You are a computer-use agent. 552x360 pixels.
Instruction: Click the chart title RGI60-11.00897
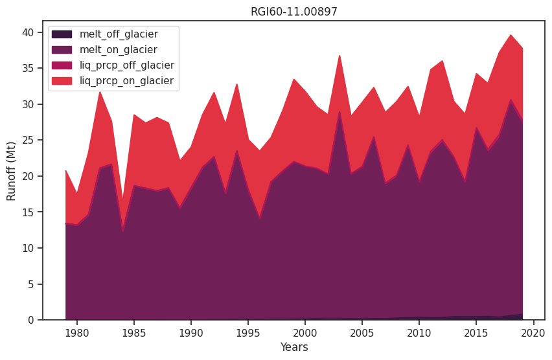(x=294, y=12)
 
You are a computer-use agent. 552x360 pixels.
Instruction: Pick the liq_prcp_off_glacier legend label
(x=126, y=65)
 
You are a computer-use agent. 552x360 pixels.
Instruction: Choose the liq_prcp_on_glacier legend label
(x=126, y=81)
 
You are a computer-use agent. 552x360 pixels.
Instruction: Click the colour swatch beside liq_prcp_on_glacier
(x=62, y=81)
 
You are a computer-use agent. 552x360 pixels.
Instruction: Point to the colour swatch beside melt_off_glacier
(x=62, y=34)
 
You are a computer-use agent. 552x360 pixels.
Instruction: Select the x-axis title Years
(x=294, y=348)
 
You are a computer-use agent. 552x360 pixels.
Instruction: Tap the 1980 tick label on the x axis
(x=77, y=332)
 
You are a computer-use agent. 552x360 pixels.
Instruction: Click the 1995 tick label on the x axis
(x=248, y=332)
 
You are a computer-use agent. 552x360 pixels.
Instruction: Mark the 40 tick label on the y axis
(x=30, y=32)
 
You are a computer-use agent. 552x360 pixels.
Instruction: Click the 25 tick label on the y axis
(x=30, y=141)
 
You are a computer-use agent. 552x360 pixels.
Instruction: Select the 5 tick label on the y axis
(x=33, y=284)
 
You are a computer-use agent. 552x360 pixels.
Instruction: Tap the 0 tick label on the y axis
(x=33, y=321)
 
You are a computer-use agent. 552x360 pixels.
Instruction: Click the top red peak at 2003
(x=339, y=56)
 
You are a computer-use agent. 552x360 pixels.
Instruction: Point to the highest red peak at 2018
(x=511, y=35)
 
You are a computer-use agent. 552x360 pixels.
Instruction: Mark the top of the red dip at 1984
(x=122, y=199)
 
